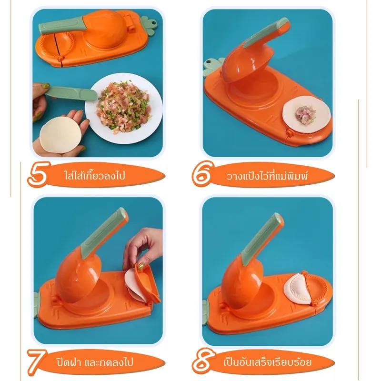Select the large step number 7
coord(37,362)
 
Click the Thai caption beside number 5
coord(95,175)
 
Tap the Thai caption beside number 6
coord(267,175)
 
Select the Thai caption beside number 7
coord(95,362)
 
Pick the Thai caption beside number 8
coord(267,362)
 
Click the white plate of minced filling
coord(124,108)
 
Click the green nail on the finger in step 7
coord(140,266)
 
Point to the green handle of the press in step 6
coord(266,32)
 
